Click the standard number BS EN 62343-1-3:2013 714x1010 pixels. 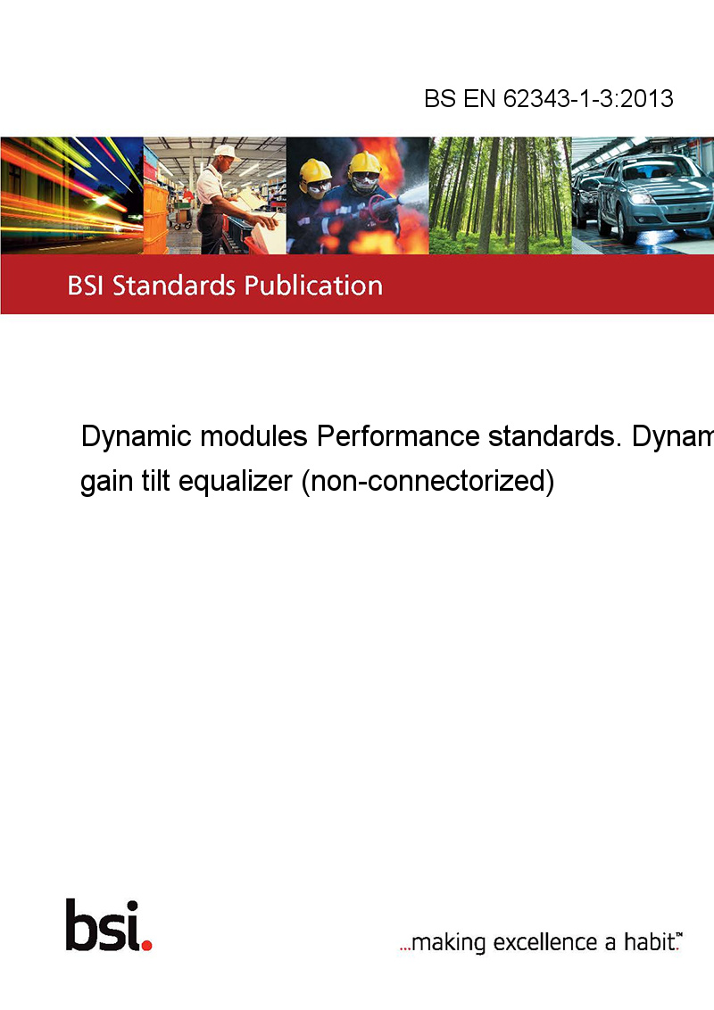pyautogui.click(x=548, y=98)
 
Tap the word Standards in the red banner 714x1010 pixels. pyautogui.click(x=174, y=286)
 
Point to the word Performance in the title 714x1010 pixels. pyautogui.click(x=397, y=436)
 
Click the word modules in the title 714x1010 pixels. pyautogui.click(x=253, y=436)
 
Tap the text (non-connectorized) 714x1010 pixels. pyautogui.click(x=428, y=482)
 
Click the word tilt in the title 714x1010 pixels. pyautogui.click(x=155, y=481)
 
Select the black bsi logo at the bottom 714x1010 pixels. pyautogui.click(x=104, y=925)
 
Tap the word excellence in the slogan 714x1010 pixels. pyautogui.click(x=545, y=942)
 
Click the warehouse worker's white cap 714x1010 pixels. pyautogui.click(x=225, y=152)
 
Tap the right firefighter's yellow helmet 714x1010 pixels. pyautogui.click(x=364, y=163)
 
